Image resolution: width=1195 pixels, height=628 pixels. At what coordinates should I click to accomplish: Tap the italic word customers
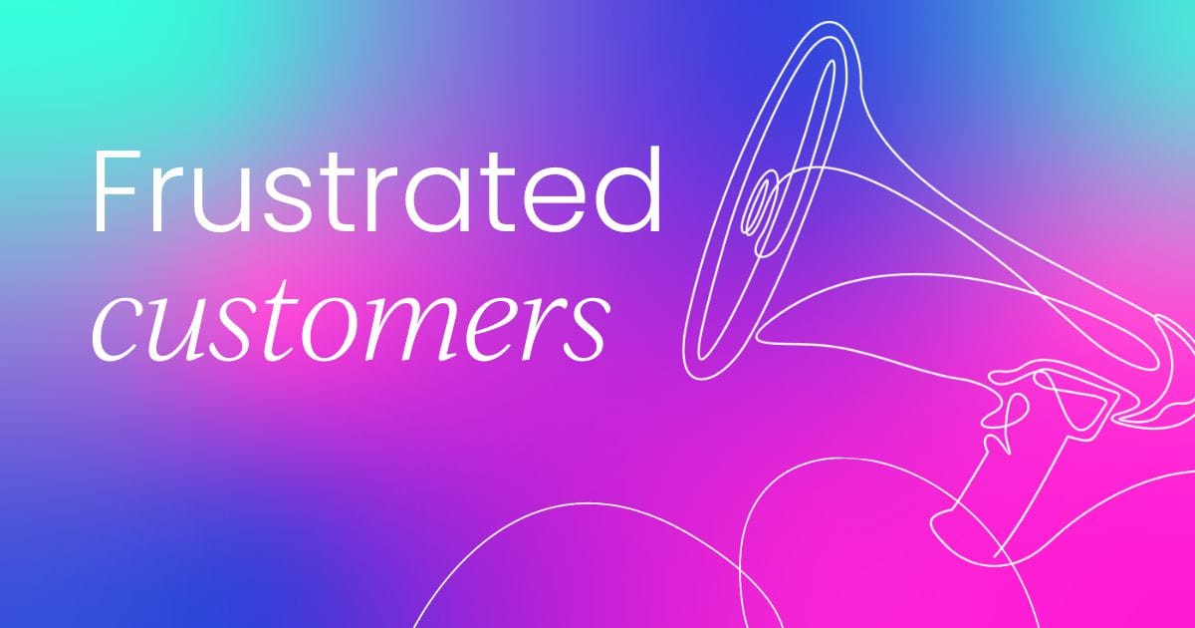click(354, 324)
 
